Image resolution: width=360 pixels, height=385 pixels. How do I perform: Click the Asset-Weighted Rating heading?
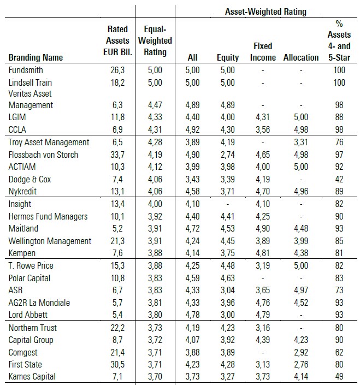pyautogui.click(x=266, y=11)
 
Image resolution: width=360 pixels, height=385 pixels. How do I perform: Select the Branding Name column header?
pyautogui.click(x=36, y=57)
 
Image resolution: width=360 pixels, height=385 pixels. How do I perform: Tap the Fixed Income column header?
pyautogui.click(x=263, y=52)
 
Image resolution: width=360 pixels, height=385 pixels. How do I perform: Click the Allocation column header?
pyautogui.click(x=301, y=57)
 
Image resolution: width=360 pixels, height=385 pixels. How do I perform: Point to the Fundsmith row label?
pyautogui.click(x=26, y=70)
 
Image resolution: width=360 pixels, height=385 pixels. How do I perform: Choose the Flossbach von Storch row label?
pyautogui.click(x=44, y=155)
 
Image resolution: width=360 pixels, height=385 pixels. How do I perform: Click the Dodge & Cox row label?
pyautogui.click(x=31, y=179)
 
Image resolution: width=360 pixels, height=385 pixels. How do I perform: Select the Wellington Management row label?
pyautogui.click(x=50, y=241)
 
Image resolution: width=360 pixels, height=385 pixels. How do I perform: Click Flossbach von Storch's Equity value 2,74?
pyautogui.click(x=227, y=155)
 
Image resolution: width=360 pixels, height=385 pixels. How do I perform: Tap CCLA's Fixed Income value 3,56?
pyautogui.click(x=263, y=129)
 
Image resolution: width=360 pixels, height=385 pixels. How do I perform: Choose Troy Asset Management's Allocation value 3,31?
pyautogui.click(x=301, y=143)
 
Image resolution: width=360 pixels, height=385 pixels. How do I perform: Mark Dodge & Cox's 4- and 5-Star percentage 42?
pyautogui.click(x=340, y=179)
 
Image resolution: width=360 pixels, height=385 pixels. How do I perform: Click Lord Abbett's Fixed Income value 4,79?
pyautogui.click(x=263, y=314)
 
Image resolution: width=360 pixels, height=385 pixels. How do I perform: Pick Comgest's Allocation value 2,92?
pyautogui.click(x=301, y=352)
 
